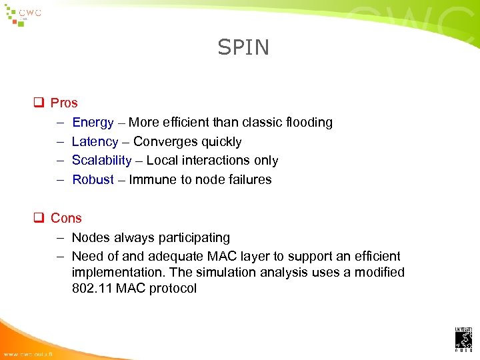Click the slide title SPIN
pyautogui.click(x=243, y=47)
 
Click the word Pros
pyautogui.click(x=64, y=103)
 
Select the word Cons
pyautogui.click(x=66, y=218)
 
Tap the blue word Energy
pyautogui.click(x=93, y=123)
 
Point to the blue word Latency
pyautogui.click(x=95, y=141)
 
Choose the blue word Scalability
pyautogui.click(x=101, y=160)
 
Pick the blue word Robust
pyautogui.click(x=93, y=179)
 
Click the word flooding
pyautogui.click(x=308, y=123)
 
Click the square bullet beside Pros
pyautogui.click(x=39, y=103)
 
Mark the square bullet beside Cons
pyautogui.click(x=39, y=218)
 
